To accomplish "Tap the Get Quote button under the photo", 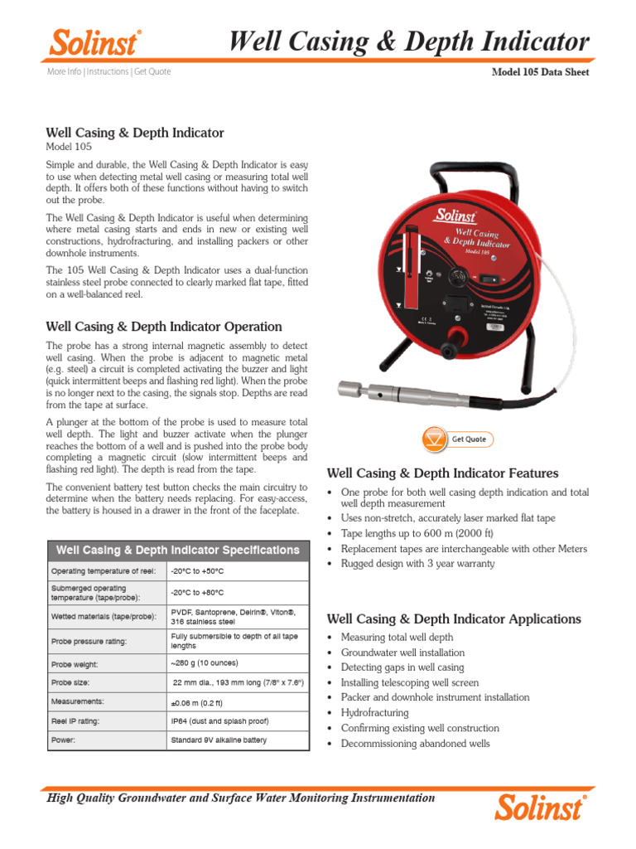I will coord(455,439).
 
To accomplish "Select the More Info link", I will coord(64,72).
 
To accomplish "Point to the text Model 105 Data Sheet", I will coord(540,73).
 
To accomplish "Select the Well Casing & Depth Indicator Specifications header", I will coord(177,550).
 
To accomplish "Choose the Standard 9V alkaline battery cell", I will coord(219,740).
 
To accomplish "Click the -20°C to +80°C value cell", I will coord(197,593).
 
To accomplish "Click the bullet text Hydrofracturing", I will coord(374,713).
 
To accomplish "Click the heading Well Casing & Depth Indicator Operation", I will coord(164,327).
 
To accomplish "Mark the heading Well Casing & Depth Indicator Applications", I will coord(454,619).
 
